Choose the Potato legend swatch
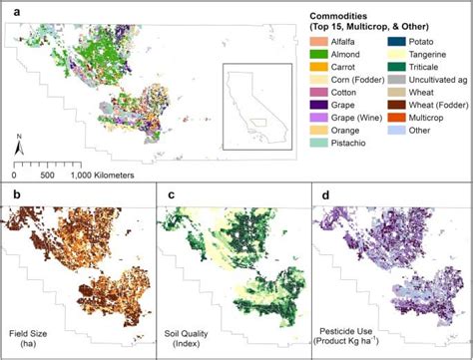398,42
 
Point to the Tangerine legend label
431,56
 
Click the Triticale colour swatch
398,70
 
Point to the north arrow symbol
19,148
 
